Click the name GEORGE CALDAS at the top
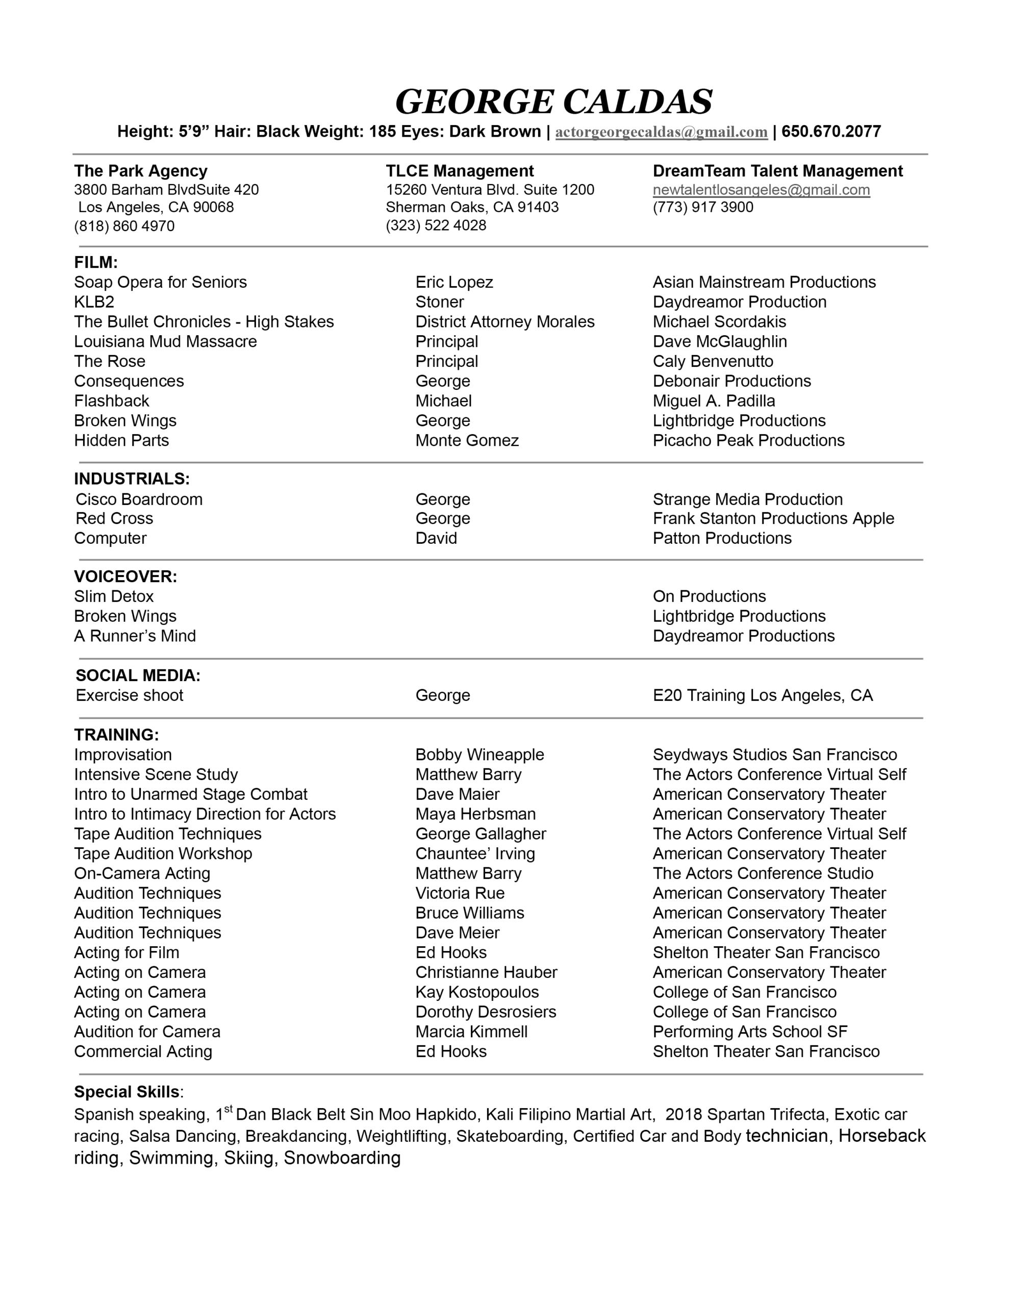[x=553, y=102]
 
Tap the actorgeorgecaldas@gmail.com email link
[x=661, y=132]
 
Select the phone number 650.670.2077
[x=831, y=132]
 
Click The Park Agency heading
[x=141, y=171]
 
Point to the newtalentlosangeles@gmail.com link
[x=761, y=190]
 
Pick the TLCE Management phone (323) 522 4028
[x=436, y=225]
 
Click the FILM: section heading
[x=96, y=263]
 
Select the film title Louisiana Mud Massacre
[x=165, y=341]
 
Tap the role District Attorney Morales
[x=505, y=322]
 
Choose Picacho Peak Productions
[x=748, y=441]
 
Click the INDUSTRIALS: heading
[x=132, y=479]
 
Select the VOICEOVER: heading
[x=125, y=576]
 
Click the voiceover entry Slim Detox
[x=114, y=596]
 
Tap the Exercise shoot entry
[x=129, y=695]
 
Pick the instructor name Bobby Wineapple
[x=480, y=755]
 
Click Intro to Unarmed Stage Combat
[x=190, y=794]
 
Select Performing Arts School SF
[x=749, y=1032]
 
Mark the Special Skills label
[x=127, y=1092]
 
